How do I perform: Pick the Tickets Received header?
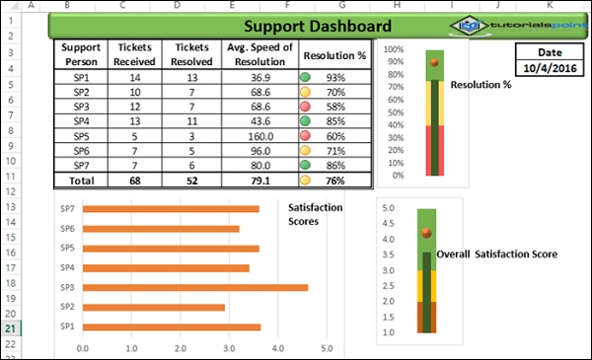tap(134, 53)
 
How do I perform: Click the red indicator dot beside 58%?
tap(306, 106)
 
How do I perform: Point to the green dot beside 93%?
tap(306, 77)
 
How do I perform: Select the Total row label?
tap(81, 180)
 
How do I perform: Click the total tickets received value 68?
tap(134, 180)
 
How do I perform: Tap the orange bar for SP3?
tap(197, 287)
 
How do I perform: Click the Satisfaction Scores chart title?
tap(316, 214)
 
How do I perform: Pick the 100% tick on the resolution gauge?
tap(393, 49)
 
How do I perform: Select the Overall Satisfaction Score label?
tap(497, 253)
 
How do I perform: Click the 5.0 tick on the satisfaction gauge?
tap(388, 209)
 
